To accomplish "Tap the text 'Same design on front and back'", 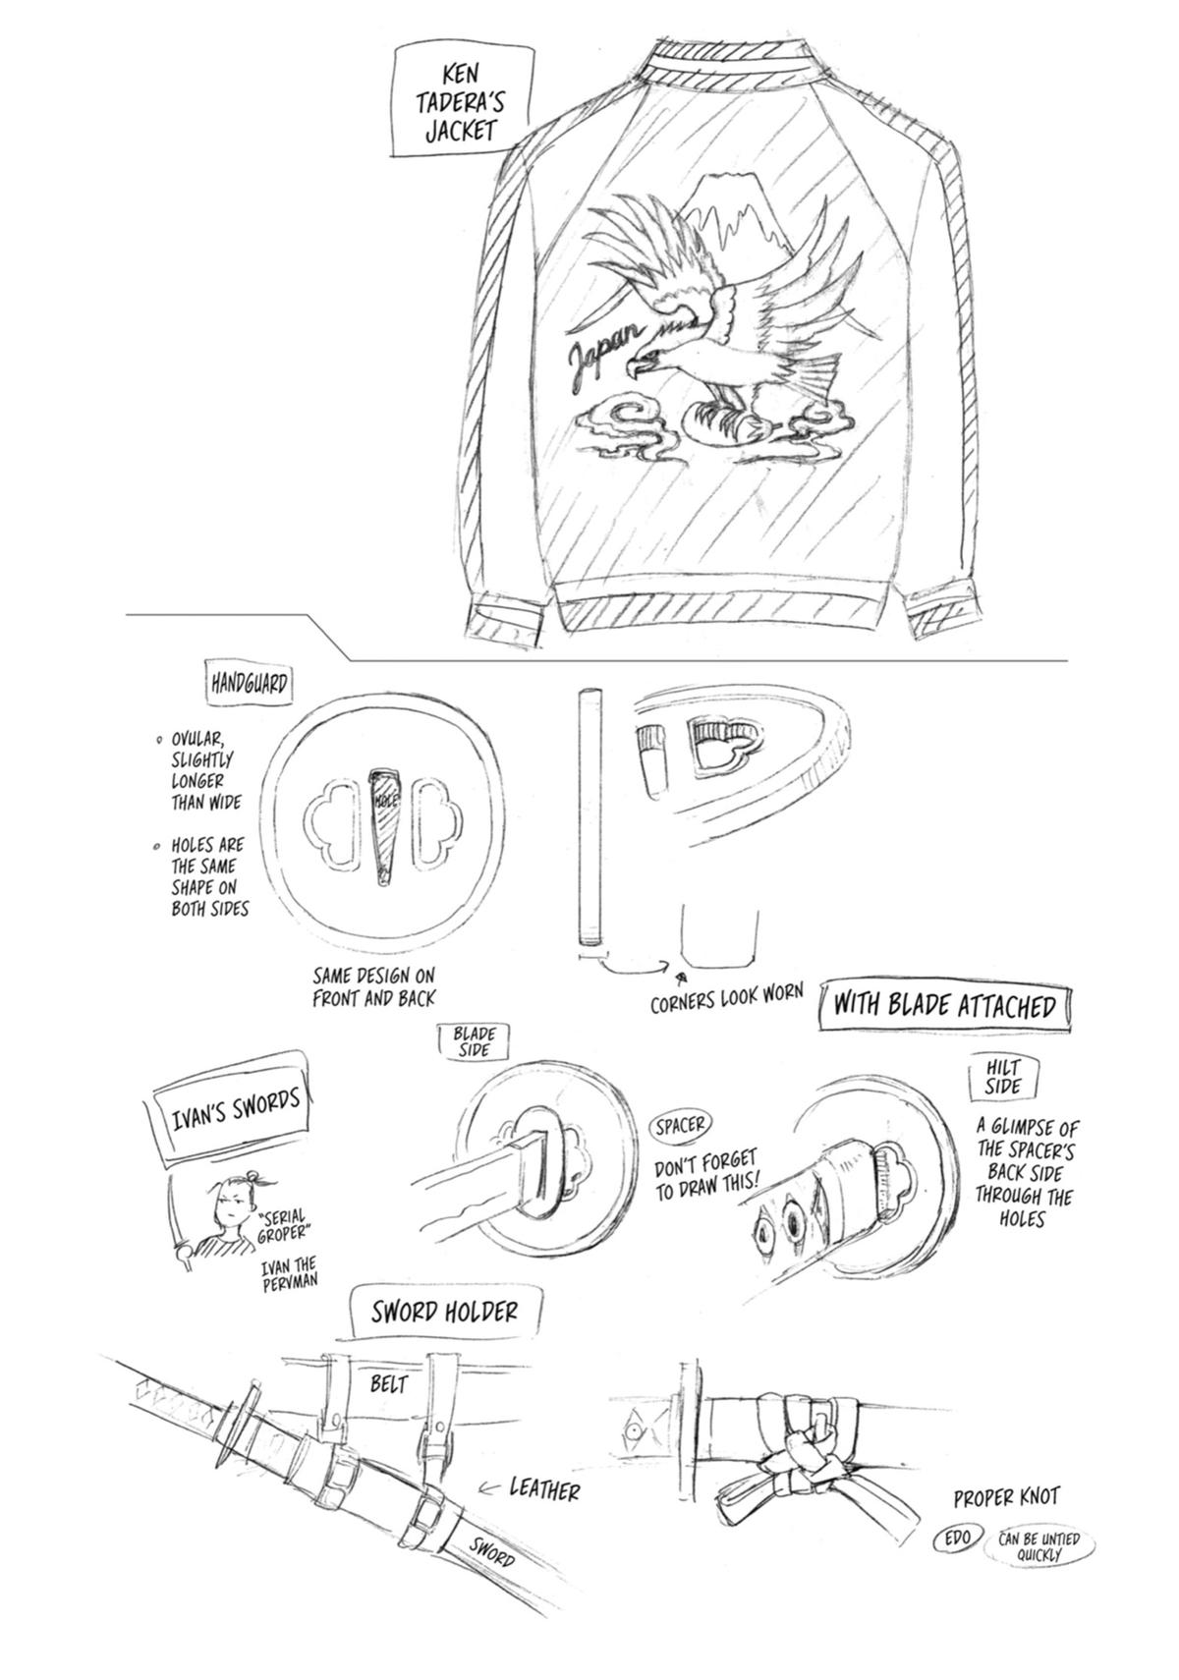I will coord(373,986).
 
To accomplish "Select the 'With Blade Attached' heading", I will coord(944,1004).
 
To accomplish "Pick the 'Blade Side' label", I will coord(474,1041).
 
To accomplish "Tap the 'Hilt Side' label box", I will coord(1003,1077).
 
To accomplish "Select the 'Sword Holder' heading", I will coord(444,1311).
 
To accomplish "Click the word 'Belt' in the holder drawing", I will coord(388,1384).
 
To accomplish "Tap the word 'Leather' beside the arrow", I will coord(544,1489).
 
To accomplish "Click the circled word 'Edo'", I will coord(957,1539).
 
